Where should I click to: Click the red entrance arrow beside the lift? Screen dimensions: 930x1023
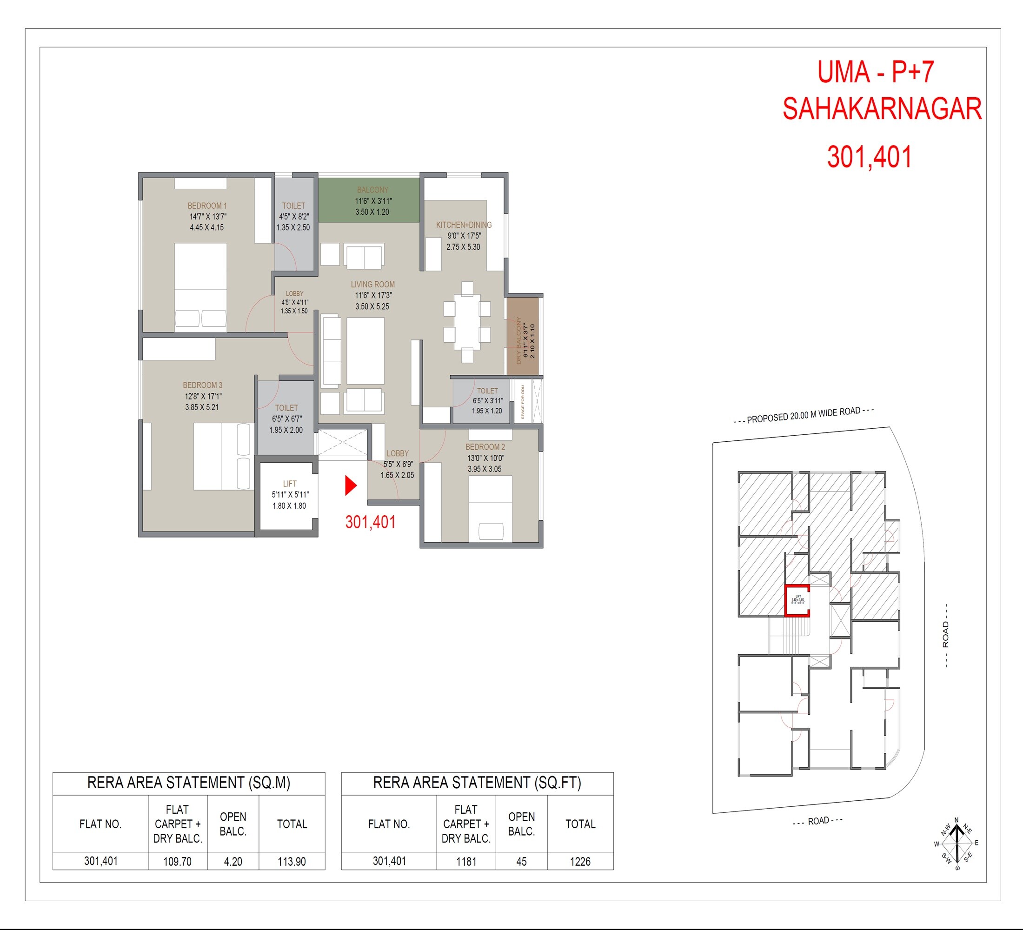350,485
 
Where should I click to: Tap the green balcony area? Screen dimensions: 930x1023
369,200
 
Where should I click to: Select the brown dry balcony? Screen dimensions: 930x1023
523,336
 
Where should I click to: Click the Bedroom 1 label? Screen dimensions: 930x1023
207,206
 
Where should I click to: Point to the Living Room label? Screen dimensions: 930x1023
372,285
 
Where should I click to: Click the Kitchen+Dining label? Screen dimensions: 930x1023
463,225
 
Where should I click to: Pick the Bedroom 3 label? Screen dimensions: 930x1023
202,385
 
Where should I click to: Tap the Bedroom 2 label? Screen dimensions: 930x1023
485,447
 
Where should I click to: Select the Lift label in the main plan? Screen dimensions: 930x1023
290,484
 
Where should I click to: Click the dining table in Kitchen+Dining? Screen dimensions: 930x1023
467,323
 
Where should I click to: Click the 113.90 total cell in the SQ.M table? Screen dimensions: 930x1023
291,862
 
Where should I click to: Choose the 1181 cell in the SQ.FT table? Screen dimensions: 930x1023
466,862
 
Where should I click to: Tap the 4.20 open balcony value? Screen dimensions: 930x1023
233,862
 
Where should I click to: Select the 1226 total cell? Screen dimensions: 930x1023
580,862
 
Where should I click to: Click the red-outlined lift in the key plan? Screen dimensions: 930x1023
797,601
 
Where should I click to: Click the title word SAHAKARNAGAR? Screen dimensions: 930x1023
882,109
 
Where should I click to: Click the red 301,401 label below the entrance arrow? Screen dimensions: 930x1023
371,522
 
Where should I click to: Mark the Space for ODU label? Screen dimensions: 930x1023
523,402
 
